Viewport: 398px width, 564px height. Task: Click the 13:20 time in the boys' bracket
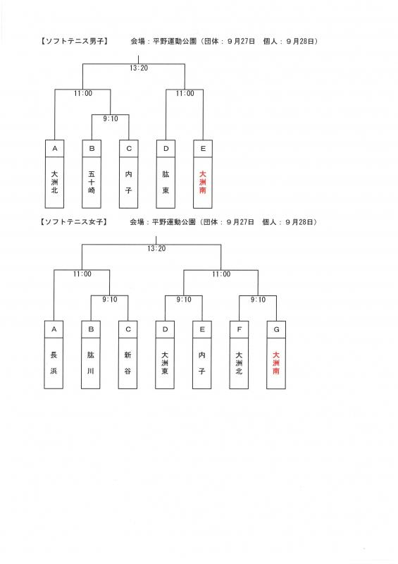click(x=139, y=68)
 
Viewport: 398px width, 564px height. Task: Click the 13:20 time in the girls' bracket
click(x=156, y=249)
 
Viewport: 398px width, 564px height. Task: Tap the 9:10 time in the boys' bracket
click(x=111, y=118)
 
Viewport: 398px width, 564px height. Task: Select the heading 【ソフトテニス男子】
click(x=75, y=42)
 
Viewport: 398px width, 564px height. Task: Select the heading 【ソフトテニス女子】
click(x=74, y=222)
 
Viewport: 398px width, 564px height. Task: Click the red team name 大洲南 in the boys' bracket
click(x=203, y=183)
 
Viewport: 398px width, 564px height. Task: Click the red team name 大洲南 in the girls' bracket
click(x=276, y=363)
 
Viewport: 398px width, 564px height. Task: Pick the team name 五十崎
click(x=92, y=183)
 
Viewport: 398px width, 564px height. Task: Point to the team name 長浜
click(x=54, y=363)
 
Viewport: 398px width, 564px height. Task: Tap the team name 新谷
click(x=128, y=363)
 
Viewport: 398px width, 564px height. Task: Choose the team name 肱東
click(x=166, y=183)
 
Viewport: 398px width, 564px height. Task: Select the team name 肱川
click(x=91, y=363)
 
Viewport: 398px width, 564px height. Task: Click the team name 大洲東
click(x=165, y=363)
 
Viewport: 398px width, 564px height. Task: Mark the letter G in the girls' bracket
click(x=276, y=329)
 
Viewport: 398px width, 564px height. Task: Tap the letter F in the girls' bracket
click(x=239, y=329)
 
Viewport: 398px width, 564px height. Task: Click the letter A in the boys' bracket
click(x=55, y=149)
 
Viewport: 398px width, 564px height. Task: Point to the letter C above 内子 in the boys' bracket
click(x=129, y=149)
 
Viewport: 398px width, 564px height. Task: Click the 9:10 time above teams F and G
click(x=258, y=300)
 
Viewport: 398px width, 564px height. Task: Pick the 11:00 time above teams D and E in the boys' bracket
click(x=185, y=94)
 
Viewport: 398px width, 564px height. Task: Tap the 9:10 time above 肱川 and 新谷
click(x=110, y=300)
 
